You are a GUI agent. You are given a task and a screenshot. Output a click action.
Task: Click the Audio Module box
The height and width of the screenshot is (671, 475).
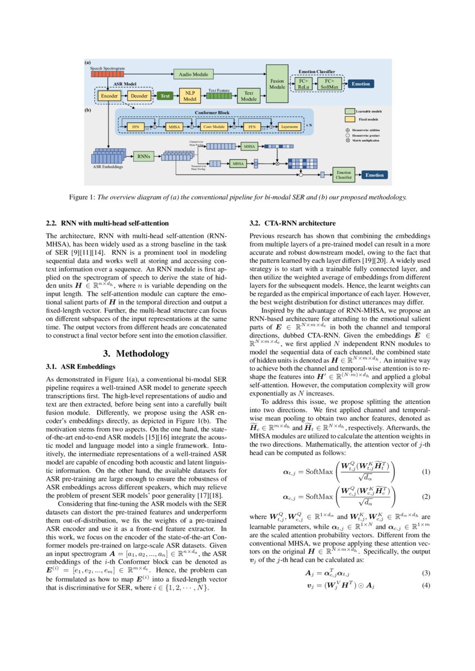[193, 74]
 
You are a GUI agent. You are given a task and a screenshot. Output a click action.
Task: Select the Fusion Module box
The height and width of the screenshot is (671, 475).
[277, 84]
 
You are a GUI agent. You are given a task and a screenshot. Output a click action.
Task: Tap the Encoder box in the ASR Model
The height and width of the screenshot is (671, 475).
[109, 96]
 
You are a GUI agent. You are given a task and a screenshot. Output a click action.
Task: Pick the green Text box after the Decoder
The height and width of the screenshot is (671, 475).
[165, 96]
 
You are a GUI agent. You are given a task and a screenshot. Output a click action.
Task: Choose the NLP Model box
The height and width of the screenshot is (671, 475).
[190, 96]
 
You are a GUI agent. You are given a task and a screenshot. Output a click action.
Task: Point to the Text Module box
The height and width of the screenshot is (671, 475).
[249, 96]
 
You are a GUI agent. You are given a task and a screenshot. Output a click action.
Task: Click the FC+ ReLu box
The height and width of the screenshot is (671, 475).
[304, 84]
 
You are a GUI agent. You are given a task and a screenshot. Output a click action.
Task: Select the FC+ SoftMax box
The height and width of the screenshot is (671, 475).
[330, 84]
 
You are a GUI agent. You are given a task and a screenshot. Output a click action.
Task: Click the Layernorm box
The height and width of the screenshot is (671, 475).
[289, 126]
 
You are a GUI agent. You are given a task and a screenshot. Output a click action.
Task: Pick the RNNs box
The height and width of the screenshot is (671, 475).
[144, 156]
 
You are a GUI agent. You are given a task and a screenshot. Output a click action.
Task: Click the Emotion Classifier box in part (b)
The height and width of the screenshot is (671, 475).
[343, 174]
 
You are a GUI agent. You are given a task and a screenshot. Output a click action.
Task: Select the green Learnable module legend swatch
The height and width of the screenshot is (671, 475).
[349, 111]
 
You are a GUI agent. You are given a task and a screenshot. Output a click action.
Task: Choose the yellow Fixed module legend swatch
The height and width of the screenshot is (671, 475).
[349, 119]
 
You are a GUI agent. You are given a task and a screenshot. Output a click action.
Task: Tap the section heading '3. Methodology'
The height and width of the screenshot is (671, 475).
[136, 354]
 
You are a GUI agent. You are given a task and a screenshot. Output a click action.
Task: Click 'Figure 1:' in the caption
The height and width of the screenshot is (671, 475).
[82, 197]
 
